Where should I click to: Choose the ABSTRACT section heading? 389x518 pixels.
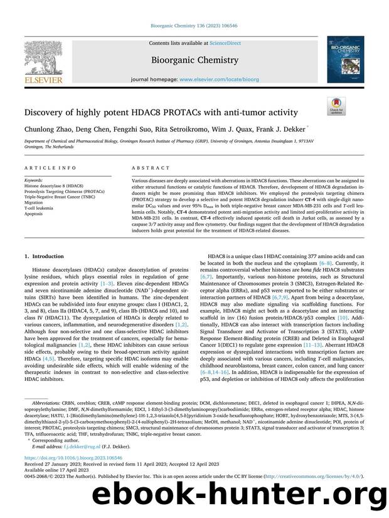[x=150, y=168]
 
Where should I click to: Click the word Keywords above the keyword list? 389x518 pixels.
[x=34, y=179]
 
